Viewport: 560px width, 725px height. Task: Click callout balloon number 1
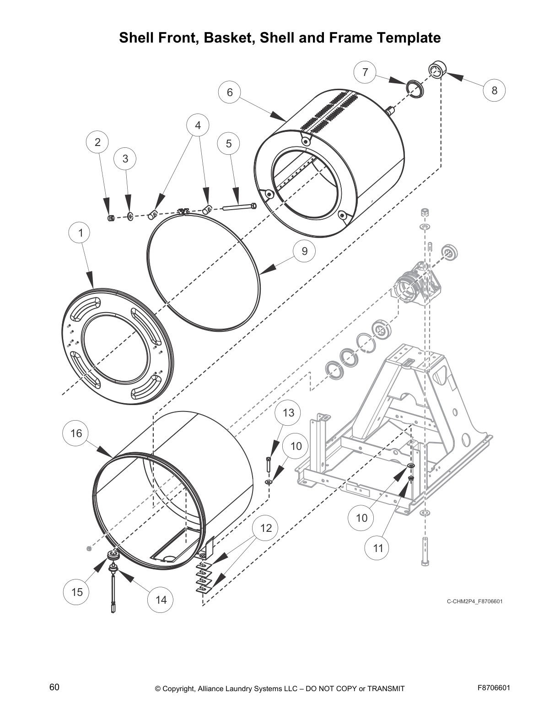coord(81,233)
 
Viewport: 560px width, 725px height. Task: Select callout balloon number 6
coord(230,92)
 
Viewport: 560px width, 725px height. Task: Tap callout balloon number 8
coord(494,90)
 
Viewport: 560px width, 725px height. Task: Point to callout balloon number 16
coord(76,433)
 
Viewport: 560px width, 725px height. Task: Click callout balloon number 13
coord(288,413)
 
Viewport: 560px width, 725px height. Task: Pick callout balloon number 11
coord(378,548)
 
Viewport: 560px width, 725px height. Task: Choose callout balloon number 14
coord(161,599)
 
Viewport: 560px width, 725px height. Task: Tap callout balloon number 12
coord(266,528)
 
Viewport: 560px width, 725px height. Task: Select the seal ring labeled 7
coord(415,88)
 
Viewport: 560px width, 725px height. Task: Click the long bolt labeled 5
coord(239,207)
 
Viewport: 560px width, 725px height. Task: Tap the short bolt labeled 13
coord(269,465)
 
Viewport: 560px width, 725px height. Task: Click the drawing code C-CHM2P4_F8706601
coord(474,601)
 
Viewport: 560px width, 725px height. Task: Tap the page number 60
coord(54,687)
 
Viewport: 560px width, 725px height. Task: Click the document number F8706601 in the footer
coord(494,688)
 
